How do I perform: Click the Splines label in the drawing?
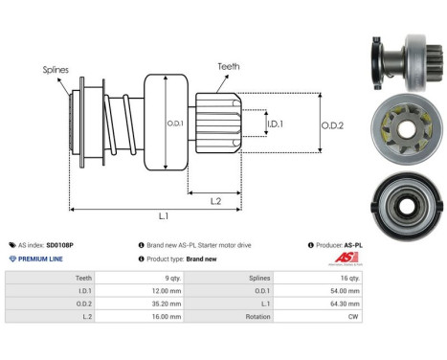point(55,69)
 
